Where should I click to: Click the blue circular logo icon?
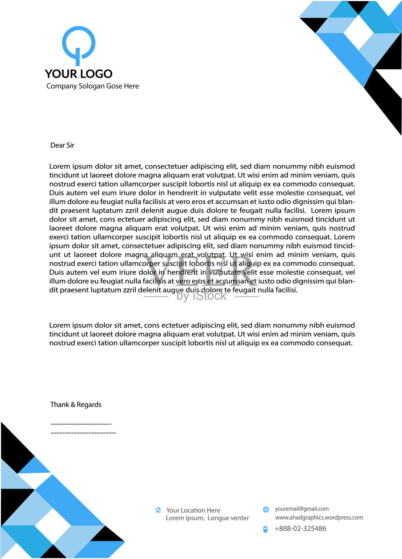tap(79, 44)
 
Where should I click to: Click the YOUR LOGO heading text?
tap(79, 74)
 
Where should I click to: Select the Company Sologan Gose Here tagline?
tap(93, 86)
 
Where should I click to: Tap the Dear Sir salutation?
tap(62, 145)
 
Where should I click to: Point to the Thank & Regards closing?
tap(76, 405)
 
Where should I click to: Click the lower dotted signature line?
tap(83, 433)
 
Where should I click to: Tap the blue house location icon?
tap(158, 510)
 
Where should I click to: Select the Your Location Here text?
tap(193, 510)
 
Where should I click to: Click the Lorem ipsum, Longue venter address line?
tap(207, 518)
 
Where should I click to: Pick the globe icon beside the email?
tap(266, 510)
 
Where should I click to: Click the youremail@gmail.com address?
tap(302, 509)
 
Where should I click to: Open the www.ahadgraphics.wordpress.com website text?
tap(319, 517)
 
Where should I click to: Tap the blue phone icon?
tap(265, 529)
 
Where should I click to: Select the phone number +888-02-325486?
tap(301, 529)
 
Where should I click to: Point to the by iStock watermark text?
tap(201, 296)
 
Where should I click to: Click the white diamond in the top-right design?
tap(359, 31)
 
